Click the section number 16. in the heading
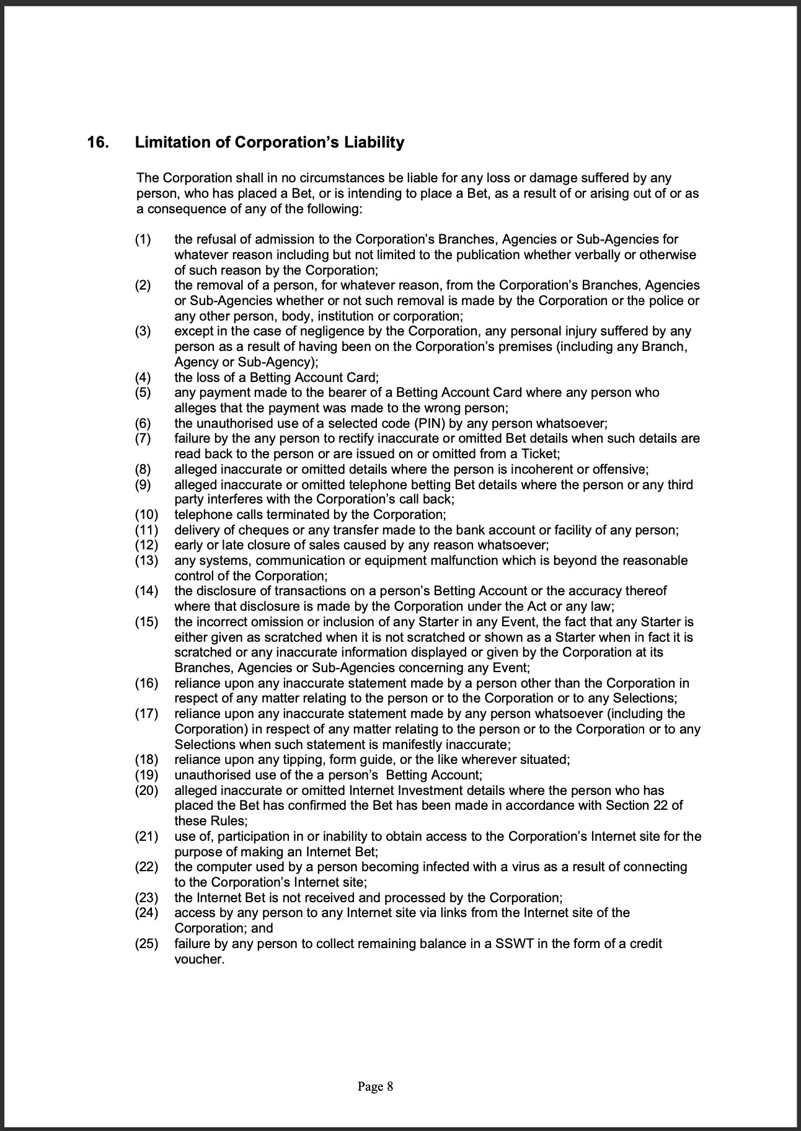[98, 143]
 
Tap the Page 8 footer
[375, 1086]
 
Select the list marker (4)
[143, 378]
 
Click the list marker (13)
[146, 561]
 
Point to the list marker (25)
[146, 944]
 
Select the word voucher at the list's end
[198, 959]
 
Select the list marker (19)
[146, 775]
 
